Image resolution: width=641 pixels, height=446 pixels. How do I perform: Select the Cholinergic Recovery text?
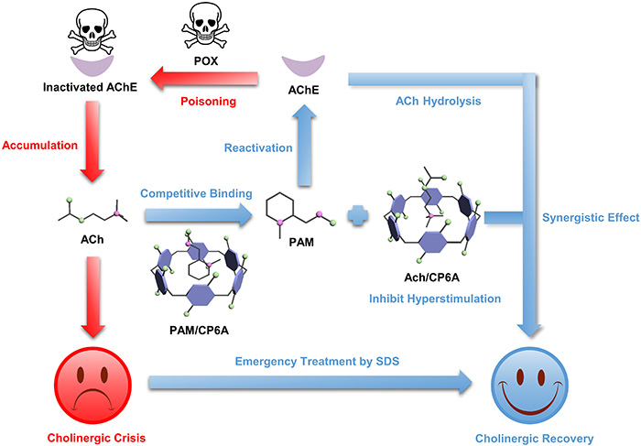pyautogui.click(x=533, y=438)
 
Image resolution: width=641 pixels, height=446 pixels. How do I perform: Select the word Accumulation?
pyautogui.click(x=40, y=145)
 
